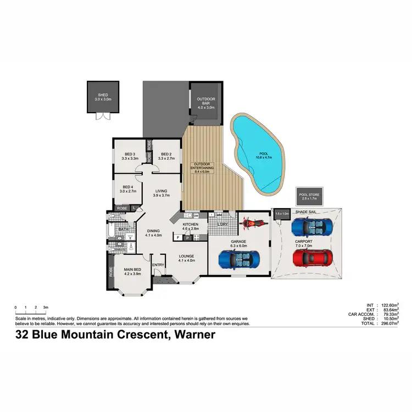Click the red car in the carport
click(x=313, y=257)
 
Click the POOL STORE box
click(x=308, y=196)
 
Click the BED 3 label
click(x=130, y=154)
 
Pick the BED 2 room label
click(x=166, y=154)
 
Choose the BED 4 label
click(x=129, y=187)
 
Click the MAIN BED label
click(x=133, y=269)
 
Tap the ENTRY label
click(x=158, y=265)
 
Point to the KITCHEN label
click(x=190, y=225)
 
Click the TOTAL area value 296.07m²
click(x=386, y=323)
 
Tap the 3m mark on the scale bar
click(x=46, y=307)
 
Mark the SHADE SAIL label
click(x=305, y=211)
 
